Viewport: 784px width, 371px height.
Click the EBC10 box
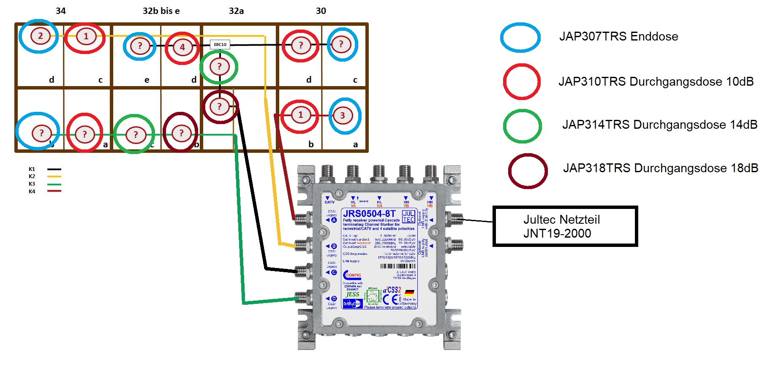click(220, 44)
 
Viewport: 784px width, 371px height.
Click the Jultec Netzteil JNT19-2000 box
click(565, 226)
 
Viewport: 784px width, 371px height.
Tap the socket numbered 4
click(182, 47)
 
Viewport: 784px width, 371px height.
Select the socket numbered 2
click(40, 36)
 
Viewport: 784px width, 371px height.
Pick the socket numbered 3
click(342, 115)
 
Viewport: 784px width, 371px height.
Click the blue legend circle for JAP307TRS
click(520, 38)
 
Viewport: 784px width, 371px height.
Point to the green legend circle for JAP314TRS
click(522, 126)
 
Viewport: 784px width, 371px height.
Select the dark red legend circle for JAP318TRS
click(528, 171)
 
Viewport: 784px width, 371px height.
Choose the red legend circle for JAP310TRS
click(522, 81)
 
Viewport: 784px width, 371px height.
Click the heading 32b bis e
click(161, 11)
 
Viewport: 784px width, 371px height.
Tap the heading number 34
click(61, 11)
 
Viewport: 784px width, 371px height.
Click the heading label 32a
click(236, 11)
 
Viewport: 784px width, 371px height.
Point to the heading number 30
click(321, 11)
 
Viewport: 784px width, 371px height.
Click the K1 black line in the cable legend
click(54, 169)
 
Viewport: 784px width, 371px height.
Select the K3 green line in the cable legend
click(54, 184)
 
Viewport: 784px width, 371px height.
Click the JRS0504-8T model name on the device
click(369, 214)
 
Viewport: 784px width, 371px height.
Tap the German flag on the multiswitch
click(409, 292)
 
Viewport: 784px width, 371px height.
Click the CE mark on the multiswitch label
click(391, 299)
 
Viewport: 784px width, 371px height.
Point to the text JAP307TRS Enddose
click(618, 37)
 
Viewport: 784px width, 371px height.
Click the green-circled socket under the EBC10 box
click(219, 66)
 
